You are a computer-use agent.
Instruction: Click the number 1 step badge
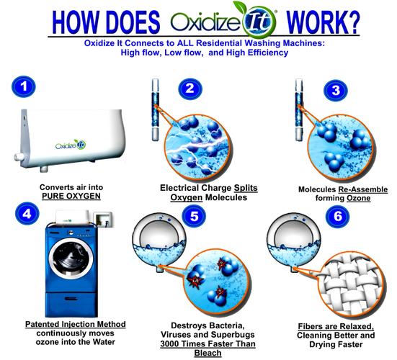[x=24, y=87]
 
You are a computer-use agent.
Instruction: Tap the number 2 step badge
[x=190, y=89]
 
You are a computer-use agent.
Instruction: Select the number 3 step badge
[x=336, y=90]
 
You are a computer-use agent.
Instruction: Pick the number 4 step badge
[x=27, y=214]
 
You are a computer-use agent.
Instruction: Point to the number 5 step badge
[x=195, y=216]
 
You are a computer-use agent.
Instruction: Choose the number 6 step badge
[x=338, y=216]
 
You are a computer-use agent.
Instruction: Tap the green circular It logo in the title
[x=259, y=22]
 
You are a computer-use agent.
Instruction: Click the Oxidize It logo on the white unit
[x=71, y=145]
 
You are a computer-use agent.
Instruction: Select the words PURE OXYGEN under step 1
[x=71, y=196]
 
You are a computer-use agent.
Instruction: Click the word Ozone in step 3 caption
[x=359, y=198]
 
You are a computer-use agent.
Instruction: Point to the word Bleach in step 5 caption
[x=208, y=353]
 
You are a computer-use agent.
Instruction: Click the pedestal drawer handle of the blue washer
[x=72, y=298]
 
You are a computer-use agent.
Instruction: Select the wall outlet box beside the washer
[x=103, y=220]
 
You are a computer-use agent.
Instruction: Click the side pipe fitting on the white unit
[x=18, y=156]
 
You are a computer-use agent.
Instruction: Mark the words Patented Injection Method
[x=76, y=324]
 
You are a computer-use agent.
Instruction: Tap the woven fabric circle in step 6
[x=352, y=285]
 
